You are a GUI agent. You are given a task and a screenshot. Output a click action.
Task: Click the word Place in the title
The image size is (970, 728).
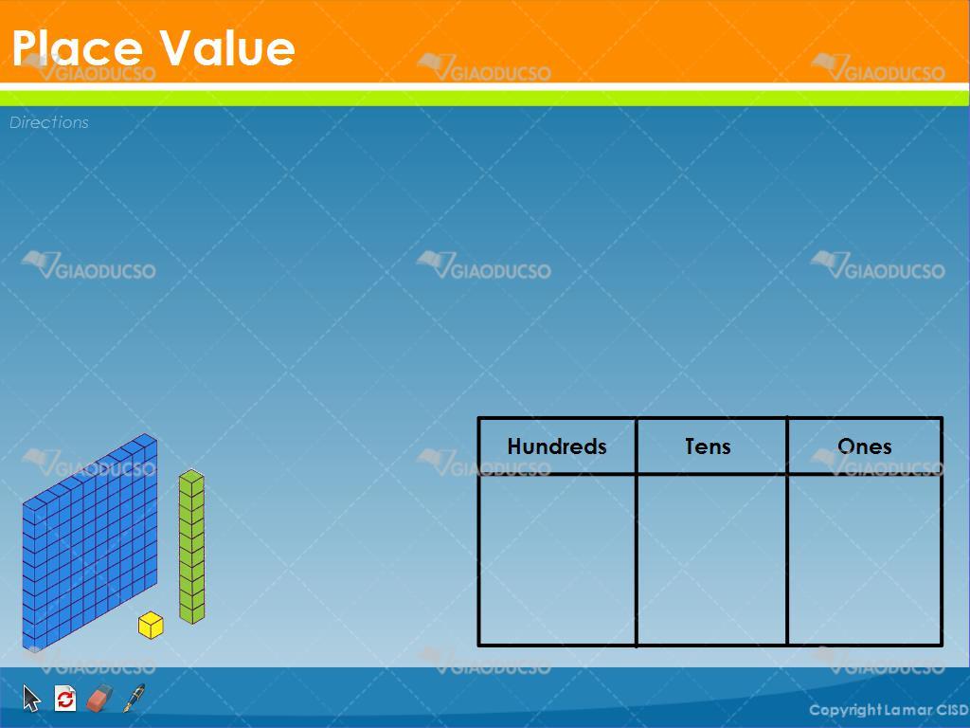78,47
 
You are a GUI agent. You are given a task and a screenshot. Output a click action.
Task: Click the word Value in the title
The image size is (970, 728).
227,47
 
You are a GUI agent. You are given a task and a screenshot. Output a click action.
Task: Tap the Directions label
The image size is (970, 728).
49,122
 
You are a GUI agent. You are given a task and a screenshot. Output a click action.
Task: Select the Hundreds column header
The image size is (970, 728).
557,446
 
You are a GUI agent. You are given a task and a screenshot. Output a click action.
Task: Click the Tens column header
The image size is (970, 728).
708,446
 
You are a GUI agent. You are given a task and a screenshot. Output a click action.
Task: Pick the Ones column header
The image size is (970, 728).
864,446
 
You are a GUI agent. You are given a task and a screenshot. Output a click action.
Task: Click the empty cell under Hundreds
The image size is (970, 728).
557,559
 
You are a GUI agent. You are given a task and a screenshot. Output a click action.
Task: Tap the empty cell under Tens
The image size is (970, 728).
711,559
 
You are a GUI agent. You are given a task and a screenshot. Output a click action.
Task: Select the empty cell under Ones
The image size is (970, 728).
865,559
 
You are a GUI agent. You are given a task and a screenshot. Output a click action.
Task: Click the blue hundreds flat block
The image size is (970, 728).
90,542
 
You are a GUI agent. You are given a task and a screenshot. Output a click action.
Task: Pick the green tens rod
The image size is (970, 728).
191,547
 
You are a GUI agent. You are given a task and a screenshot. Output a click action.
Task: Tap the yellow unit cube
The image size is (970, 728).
151,626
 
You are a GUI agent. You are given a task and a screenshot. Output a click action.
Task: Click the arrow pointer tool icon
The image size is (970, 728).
31,699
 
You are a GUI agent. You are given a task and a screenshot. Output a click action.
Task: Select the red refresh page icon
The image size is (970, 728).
65,699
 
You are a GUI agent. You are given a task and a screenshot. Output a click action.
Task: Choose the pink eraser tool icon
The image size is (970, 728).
99,699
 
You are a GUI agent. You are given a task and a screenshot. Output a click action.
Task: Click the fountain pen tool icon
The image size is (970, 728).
134,699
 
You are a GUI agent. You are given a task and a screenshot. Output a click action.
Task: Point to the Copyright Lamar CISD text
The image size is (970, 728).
889,710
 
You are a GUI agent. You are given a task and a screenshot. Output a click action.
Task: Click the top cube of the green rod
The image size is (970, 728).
191,480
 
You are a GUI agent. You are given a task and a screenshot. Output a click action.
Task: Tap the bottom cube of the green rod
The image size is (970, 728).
191,613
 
